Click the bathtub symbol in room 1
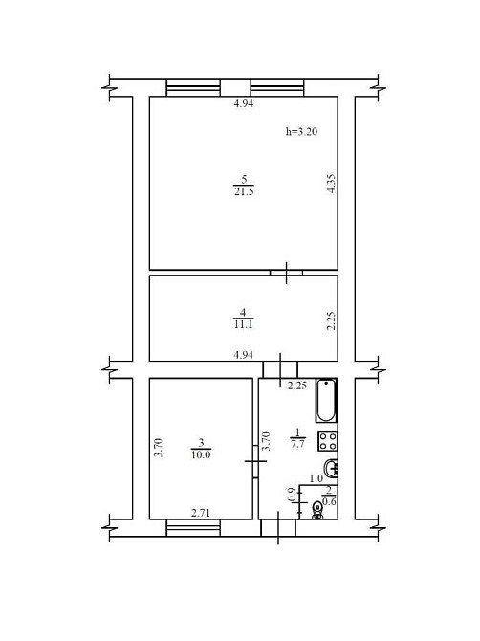tap(326, 400)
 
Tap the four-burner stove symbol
tap(328, 441)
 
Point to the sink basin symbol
tap(331, 468)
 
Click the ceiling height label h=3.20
tap(301, 132)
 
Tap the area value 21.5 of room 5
tap(244, 191)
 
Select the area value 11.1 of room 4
tap(243, 324)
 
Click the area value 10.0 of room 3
tap(201, 454)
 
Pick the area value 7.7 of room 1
tap(297, 444)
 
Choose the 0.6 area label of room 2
tap(329, 501)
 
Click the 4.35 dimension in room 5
tap(331, 184)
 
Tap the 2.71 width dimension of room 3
tap(201, 513)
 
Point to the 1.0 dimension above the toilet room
tap(316, 478)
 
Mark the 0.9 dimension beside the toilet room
tap(292, 495)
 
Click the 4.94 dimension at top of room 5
tap(244, 104)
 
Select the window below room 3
tap(193, 528)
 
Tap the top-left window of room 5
tap(193, 88)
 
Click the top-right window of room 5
tap(277, 88)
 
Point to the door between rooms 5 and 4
tap(286, 273)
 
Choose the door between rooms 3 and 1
tap(255, 461)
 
